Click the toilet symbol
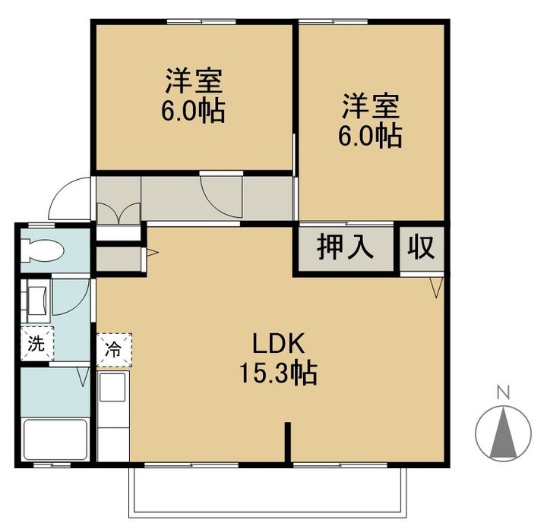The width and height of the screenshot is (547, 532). pyautogui.click(x=42, y=250)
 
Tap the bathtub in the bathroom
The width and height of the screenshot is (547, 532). pyautogui.click(x=55, y=439)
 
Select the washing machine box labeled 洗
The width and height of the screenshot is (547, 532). pyautogui.click(x=37, y=344)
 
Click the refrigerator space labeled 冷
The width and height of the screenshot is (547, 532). pyautogui.click(x=114, y=349)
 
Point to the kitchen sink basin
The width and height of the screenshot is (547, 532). pyautogui.click(x=112, y=387)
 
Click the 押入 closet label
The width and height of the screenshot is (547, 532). pyautogui.click(x=345, y=247)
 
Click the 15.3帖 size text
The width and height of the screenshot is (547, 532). pyautogui.click(x=278, y=373)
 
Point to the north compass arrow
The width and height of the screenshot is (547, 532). pyautogui.click(x=503, y=433)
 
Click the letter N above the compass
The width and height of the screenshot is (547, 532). pyautogui.click(x=504, y=392)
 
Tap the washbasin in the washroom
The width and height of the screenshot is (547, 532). pyautogui.click(x=36, y=300)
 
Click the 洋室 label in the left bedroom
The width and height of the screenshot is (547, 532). pyautogui.click(x=194, y=81)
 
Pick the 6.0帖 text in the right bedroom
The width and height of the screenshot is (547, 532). pyautogui.click(x=370, y=136)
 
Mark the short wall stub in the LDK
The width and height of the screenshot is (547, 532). pyautogui.click(x=287, y=443)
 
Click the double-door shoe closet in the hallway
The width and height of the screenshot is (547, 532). pyautogui.click(x=119, y=213)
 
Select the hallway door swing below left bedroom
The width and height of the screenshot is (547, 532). pyautogui.click(x=221, y=196)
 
